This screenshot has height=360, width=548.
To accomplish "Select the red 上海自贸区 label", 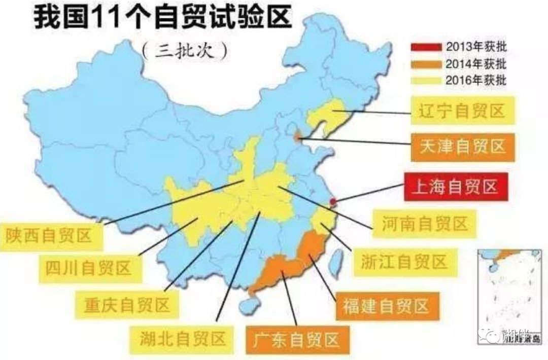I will tap(455, 187).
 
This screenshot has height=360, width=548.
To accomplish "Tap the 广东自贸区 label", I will tap(295, 338).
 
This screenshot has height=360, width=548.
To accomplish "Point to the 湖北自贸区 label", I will tap(182, 339).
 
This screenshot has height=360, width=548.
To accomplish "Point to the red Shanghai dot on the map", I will tap(333, 202).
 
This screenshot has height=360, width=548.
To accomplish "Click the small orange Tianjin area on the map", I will tap(298, 135).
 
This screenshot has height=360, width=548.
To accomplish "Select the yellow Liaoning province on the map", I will tap(332, 114).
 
